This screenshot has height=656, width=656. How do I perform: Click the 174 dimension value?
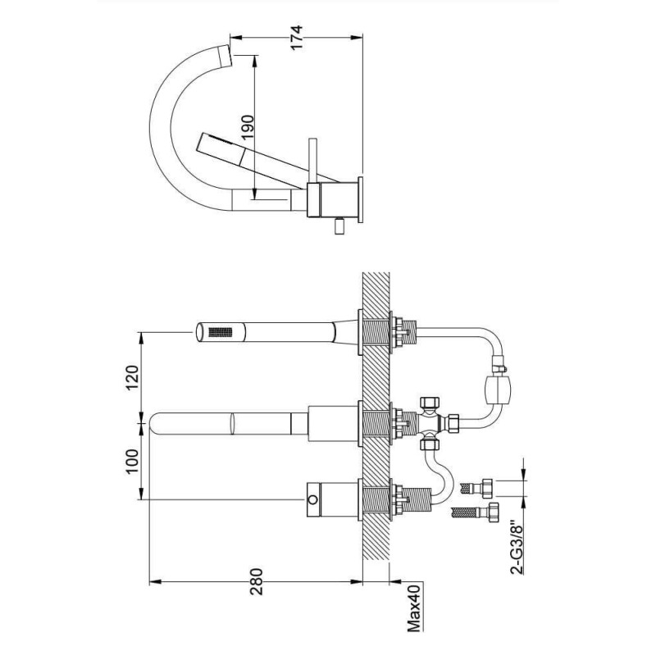pos(296,38)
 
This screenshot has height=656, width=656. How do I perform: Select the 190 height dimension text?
pos(248,127)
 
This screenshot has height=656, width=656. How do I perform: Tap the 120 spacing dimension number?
pos(132,377)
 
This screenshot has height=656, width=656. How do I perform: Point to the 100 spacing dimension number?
pos(132,461)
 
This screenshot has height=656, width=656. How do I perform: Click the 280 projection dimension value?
pos(256,581)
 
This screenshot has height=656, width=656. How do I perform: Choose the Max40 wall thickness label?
pos(414,605)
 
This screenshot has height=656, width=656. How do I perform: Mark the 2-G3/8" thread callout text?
pos(517,547)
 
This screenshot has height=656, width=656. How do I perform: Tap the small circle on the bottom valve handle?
pos(312,499)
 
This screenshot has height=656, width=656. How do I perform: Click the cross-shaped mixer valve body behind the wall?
pos(429,423)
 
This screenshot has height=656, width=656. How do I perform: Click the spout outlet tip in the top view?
pos(225,56)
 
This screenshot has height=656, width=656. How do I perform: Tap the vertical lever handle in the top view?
pos(312,160)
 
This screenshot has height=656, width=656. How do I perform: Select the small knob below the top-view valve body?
pos(339,228)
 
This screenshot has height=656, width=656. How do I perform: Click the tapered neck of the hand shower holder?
pos(346,332)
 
